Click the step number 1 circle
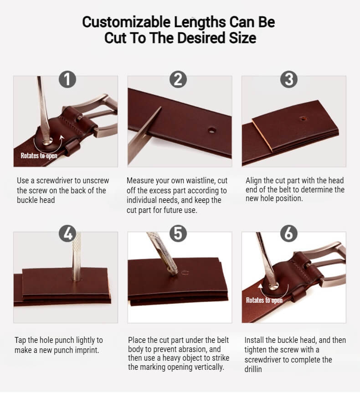[67, 79]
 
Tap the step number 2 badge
[178, 79]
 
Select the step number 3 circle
[288, 79]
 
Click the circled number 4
[67, 233]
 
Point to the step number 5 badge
[178, 233]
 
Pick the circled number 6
[288, 233]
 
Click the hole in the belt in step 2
[212, 130]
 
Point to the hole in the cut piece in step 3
[303, 119]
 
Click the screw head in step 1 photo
[47, 141]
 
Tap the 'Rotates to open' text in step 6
[264, 300]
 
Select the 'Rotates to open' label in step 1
[39, 155]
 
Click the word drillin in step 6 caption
[253, 369]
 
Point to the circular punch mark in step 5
[185, 273]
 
